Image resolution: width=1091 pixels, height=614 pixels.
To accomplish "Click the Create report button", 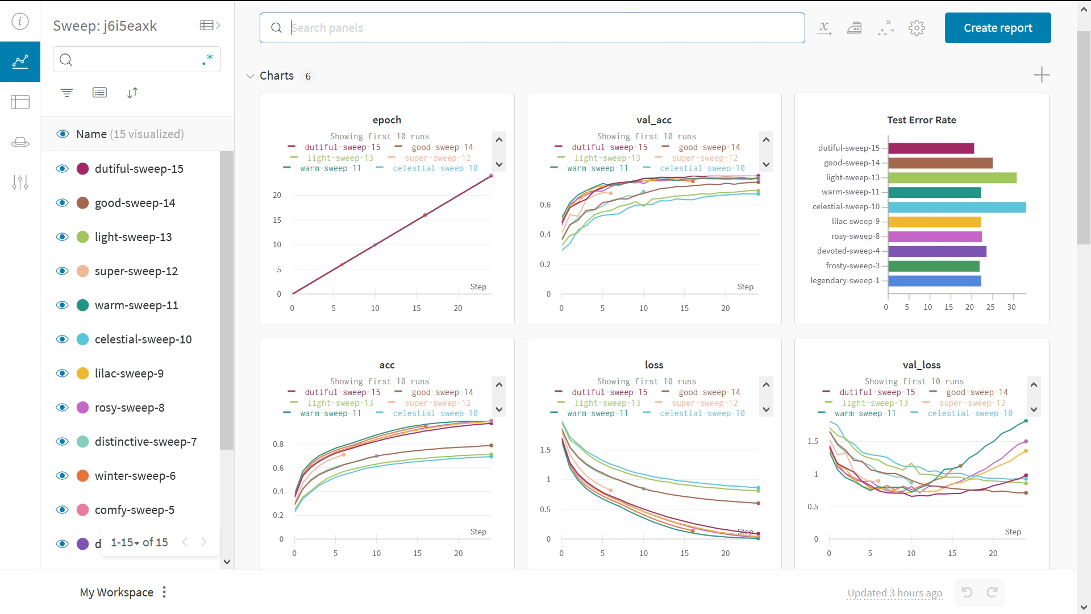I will [x=997, y=28].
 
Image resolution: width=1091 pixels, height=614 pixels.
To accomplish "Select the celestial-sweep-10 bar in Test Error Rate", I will [x=956, y=207].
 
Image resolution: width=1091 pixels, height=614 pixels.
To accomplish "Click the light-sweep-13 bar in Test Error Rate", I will [x=952, y=177].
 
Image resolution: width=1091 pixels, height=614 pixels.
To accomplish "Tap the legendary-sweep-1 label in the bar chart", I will [x=844, y=280].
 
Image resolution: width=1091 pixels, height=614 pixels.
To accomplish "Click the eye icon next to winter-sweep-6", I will [x=62, y=476].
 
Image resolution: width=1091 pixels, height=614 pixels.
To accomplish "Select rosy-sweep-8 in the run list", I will [x=130, y=408].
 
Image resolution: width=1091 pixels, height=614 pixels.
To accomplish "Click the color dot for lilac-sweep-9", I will [x=82, y=374].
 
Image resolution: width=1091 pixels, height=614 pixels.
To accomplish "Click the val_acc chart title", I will [x=653, y=120].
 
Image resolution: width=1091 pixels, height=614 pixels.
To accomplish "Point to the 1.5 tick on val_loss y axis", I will [x=813, y=441].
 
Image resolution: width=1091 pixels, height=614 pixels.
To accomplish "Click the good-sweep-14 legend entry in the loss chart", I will [x=709, y=392].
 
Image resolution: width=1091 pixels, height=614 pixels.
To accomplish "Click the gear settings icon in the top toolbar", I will [x=916, y=28].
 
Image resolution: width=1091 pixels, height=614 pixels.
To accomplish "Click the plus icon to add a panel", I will [x=1041, y=75].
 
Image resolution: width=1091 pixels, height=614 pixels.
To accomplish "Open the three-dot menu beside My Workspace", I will [x=164, y=592].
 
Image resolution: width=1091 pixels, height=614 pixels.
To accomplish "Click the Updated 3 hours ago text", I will [x=894, y=593].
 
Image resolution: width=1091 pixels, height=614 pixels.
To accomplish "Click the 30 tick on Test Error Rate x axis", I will [x=1011, y=307].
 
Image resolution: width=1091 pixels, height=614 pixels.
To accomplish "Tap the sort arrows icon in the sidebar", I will [x=132, y=93].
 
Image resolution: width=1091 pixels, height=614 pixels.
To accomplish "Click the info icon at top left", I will [x=20, y=22].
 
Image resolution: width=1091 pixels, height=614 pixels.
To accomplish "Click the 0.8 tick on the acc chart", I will [x=278, y=444].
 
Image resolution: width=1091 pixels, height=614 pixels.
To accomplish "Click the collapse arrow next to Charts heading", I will [x=250, y=76].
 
